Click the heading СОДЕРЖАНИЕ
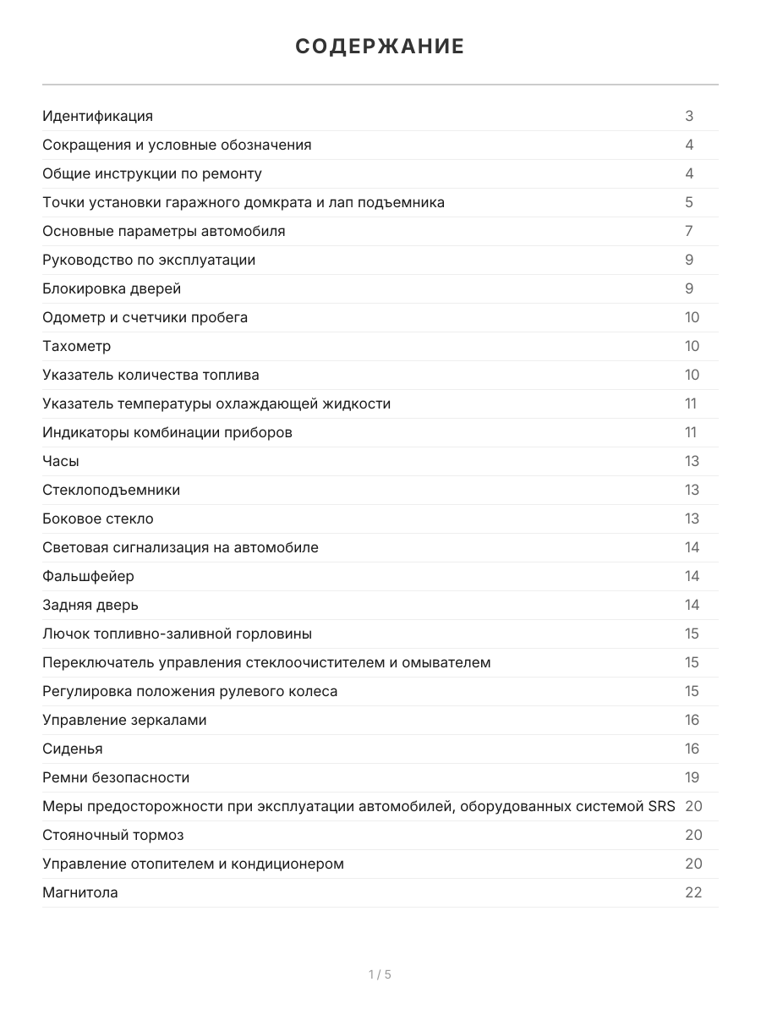coord(380,47)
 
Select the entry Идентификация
coord(97,116)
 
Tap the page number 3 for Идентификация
coord(689,116)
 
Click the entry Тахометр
coord(76,346)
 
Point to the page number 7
coord(689,231)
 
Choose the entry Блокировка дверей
coord(112,288)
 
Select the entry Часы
coord(61,461)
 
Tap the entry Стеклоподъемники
coord(111,490)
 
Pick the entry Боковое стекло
coord(98,518)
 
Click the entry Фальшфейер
coord(88,576)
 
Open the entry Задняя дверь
coord(90,605)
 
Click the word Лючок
coord(64,634)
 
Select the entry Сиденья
coord(73,749)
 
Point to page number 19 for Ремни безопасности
coord(693,777)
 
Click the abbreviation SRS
coord(661,806)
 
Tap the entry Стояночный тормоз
coord(113,835)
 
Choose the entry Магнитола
coord(80,892)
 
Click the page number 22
coord(693,892)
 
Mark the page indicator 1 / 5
coord(380,974)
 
